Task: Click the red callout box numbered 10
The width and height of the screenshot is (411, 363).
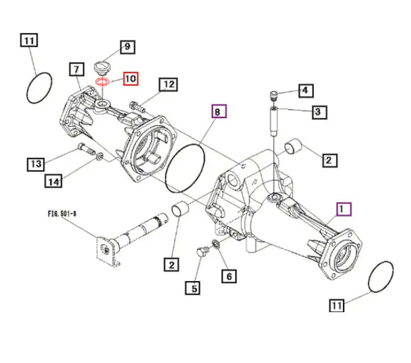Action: tap(131, 79)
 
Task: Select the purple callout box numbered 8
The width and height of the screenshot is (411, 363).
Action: tap(219, 111)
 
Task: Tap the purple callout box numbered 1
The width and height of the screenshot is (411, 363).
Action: tap(344, 209)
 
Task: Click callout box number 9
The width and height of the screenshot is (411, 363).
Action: tap(128, 47)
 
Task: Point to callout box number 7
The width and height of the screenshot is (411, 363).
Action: tap(77, 69)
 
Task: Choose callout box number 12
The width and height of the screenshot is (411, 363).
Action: tap(168, 84)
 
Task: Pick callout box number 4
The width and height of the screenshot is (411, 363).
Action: tap(306, 91)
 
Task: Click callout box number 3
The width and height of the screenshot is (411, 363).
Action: tap(320, 112)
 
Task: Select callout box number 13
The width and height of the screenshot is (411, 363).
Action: tap(36, 164)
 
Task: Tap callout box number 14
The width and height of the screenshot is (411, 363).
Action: tap(53, 181)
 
